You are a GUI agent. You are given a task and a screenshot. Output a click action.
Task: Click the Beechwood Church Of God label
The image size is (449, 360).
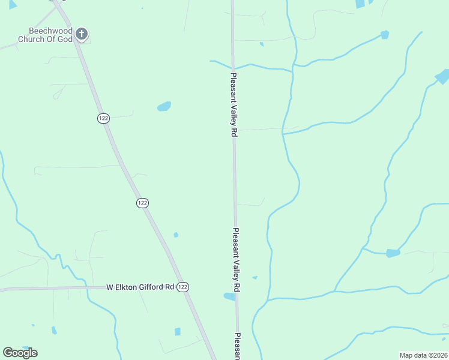(51, 35)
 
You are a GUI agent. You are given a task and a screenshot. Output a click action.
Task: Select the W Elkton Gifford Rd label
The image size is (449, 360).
(140, 287)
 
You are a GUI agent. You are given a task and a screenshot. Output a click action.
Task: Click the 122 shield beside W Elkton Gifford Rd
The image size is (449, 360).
(183, 287)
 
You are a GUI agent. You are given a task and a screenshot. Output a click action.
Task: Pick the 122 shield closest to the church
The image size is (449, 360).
(103, 118)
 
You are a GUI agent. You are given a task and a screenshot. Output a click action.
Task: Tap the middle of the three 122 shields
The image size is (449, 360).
(142, 203)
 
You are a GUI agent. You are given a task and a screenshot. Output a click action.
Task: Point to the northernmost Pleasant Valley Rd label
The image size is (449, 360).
(233, 106)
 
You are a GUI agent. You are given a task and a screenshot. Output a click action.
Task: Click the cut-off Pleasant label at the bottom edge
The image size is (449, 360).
(238, 346)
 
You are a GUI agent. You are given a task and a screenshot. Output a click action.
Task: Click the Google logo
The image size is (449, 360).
(20, 352)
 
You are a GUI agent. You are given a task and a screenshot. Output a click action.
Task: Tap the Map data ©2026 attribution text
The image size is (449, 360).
(424, 355)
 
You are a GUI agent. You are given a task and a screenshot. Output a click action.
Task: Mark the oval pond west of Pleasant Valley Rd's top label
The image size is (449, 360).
(164, 107)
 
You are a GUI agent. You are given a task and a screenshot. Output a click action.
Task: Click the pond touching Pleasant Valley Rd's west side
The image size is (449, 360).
(229, 296)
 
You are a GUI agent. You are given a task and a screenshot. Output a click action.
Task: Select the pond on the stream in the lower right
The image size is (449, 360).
(393, 253)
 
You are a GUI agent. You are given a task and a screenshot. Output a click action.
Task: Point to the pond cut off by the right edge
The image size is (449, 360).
(442, 76)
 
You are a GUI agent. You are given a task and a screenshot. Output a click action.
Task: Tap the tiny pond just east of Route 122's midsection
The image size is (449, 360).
(176, 235)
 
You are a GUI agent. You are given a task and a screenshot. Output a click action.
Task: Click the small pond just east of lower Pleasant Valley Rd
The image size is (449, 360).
(255, 278)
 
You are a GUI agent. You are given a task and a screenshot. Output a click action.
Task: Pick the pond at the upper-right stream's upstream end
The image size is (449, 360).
(385, 35)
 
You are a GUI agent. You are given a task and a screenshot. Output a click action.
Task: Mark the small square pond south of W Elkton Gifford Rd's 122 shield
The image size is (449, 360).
(178, 332)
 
